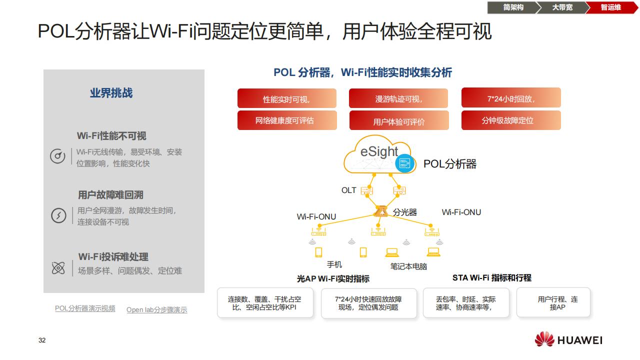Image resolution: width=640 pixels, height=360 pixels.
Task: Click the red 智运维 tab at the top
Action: point(610,7)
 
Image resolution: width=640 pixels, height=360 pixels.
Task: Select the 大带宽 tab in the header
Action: point(562,7)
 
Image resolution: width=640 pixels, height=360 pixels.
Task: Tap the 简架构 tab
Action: point(513,7)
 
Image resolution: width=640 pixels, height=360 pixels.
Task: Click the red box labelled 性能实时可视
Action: point(286,99)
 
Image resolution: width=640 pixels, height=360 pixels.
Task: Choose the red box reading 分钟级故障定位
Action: point(510,120)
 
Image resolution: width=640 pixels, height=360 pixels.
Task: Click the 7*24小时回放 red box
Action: point(510,98)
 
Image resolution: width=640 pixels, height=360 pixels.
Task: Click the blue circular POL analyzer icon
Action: point(405,163)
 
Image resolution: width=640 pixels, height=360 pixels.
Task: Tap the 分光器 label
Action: point(404,212)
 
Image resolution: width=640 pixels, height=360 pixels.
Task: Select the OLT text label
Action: point(348,190)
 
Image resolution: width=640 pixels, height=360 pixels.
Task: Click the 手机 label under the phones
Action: point(334,264)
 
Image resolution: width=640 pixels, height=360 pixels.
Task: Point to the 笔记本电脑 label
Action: point(408,266)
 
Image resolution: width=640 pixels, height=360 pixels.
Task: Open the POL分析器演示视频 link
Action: point(85,308)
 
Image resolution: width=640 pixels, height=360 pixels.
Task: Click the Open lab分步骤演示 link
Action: point(156,310)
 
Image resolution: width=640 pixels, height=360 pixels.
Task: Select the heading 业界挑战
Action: point(111,93)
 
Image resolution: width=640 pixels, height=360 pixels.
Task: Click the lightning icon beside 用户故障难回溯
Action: point(58,216)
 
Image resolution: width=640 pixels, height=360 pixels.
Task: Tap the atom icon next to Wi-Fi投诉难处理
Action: point(58,268)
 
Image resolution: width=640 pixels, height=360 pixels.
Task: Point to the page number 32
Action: point(42,340)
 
